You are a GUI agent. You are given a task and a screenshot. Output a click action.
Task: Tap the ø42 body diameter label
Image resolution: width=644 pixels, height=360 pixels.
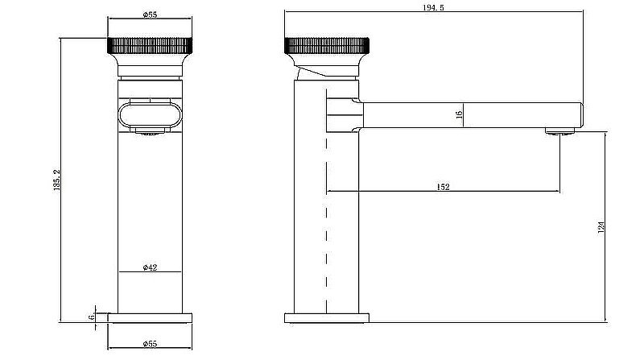point(149,267)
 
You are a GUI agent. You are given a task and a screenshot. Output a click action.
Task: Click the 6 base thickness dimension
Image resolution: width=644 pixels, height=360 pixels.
point(92,317)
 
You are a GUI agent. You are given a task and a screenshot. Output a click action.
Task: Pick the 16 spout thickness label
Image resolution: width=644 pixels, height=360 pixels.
point(459,115)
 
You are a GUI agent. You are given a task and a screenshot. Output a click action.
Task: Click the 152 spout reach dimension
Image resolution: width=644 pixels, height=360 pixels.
point(443,187)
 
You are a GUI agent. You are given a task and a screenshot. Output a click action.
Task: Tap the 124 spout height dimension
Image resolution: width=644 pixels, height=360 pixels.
point(601,228)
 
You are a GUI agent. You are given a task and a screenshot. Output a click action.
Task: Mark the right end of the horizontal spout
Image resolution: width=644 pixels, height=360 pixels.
point(580,114)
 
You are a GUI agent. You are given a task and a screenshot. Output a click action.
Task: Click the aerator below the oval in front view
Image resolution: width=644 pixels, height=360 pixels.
point(149,134)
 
